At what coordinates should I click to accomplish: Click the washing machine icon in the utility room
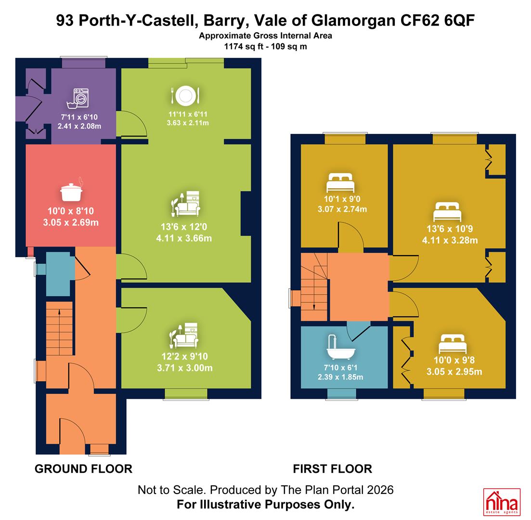click(x=78, y=99)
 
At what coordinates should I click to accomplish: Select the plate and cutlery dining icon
click(x=185, y=95)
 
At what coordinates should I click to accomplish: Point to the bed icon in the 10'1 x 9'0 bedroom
click(x=340, y=183)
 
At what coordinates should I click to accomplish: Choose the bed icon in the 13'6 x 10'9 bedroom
click(x=447, y=212)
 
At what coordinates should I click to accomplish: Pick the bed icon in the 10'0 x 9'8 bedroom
click(x=453, y=344)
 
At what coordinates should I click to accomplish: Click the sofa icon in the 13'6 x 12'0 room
click(x=185, y=204)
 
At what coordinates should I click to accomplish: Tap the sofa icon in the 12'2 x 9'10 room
click(x=184, y=336)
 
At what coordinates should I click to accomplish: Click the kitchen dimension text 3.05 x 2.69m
click(x=71, y=222)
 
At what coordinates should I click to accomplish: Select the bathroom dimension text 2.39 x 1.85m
click(x=340, y=377)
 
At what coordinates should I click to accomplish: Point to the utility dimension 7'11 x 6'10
click(x=79, y=117)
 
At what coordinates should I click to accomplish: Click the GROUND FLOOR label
click(x=83, y=469)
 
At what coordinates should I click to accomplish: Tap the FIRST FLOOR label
click(x=333, y=469)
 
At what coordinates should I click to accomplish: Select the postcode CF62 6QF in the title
click(x=438, y=21)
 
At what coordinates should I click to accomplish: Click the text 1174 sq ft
click(x=244, y=46)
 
